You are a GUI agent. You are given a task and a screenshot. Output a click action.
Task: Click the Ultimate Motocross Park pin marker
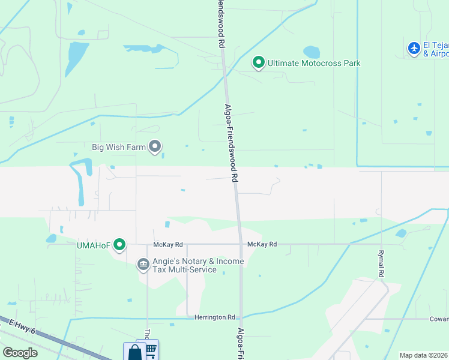[x=259, y=62]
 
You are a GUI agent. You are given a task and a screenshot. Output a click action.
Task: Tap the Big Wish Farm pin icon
[x=155, y=146]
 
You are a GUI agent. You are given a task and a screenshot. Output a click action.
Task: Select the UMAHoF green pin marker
[x=119, y=244]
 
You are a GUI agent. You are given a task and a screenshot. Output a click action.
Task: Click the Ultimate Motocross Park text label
[x=314, y=63]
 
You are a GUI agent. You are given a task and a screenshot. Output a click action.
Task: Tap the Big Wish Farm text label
[x=119, y=146]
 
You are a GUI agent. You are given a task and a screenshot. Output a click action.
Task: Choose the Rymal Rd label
[x=381, y=263]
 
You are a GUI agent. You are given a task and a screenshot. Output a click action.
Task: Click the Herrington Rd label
[x=214, y=317]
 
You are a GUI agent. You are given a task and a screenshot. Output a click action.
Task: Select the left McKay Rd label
[x=167, y=244]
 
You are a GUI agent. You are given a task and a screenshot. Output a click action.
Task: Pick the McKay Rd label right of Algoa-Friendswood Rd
[x=262, y=244]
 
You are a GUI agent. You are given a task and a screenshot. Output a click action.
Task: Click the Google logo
[x=20, y=353]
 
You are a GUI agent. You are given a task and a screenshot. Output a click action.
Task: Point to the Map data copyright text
[x=424, y=355]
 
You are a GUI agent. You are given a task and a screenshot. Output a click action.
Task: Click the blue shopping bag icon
[x=134, y=352]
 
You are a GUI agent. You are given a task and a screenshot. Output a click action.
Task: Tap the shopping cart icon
[x=149, y=349]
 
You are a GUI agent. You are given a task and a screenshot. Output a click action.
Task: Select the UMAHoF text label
[x=94, y=244]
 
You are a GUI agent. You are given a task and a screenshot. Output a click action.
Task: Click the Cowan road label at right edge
[x=439, y=319]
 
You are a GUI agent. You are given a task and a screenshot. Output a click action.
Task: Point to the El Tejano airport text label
[x=436, y=50]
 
